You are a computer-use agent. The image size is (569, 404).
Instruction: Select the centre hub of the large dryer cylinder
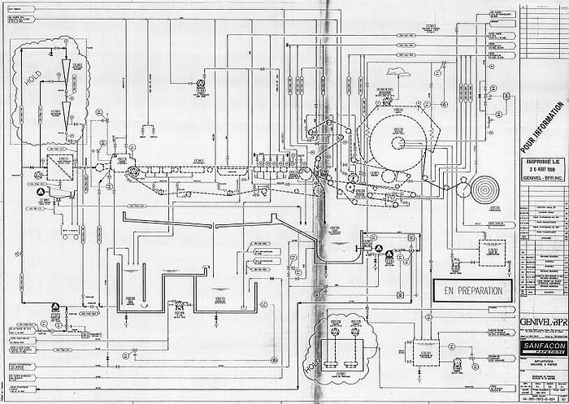(x=397, y=143)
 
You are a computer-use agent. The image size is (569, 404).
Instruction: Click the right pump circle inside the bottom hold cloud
(x=354, y=331)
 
